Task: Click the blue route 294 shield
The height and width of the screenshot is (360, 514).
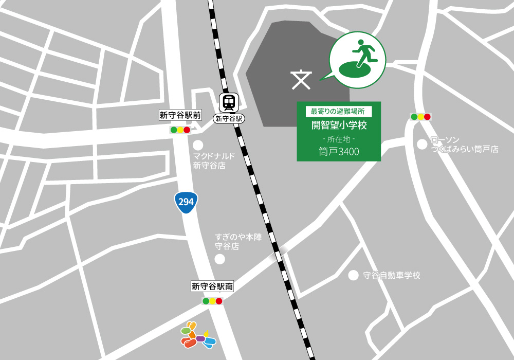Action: (x=186, y=202)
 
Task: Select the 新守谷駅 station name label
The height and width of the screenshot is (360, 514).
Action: (x=228, y=119)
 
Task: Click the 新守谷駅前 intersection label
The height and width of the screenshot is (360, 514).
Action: (x=177, y=116)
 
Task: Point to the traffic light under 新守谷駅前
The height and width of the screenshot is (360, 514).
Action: (x=180, y=130)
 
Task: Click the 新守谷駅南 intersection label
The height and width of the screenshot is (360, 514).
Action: (x=212, y=287)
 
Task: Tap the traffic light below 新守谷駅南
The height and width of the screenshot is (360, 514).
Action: (x=212, y=301)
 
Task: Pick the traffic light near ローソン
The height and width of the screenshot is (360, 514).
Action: (x=420, y=117)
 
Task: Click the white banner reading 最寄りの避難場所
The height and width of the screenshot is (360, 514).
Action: (x=338, y=111)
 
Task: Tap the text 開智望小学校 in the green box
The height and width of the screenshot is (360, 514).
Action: (x=339, y=124)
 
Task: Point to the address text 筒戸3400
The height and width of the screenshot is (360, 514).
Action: (x=339, y=152)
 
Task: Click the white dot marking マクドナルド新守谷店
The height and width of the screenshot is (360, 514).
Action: (x=198, y=145)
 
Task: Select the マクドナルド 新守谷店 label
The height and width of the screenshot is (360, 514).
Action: (x=213, y=160)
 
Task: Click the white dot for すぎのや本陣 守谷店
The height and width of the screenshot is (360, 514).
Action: (x=219, y=259)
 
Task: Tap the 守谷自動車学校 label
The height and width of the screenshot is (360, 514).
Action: (x=391, y=276)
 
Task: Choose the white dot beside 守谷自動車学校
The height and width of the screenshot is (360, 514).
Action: (x=353, y=275)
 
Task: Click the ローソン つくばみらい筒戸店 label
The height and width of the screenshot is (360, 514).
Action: (x=465, y=145)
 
